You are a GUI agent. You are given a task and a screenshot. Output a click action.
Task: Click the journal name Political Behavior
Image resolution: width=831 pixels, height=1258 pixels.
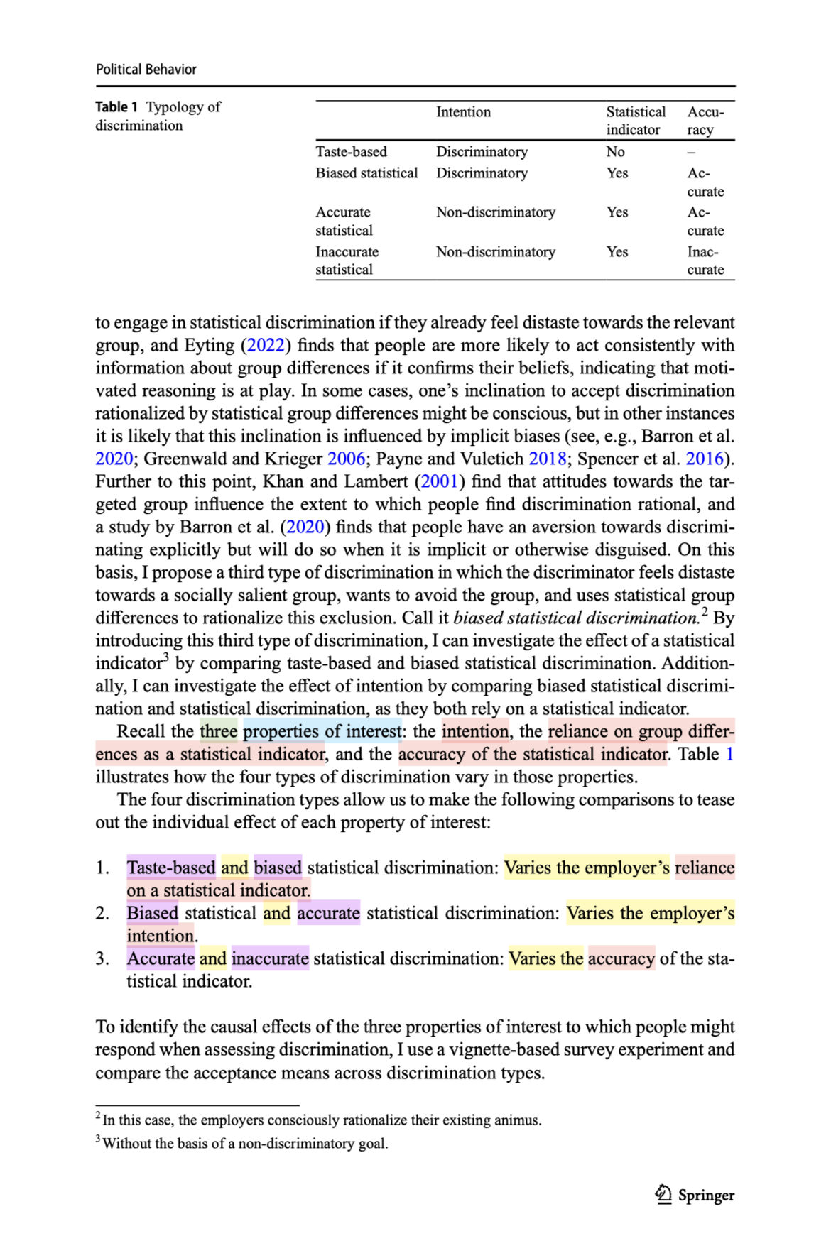coord(146,70)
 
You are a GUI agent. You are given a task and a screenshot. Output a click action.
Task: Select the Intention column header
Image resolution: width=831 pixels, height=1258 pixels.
coord(463,112)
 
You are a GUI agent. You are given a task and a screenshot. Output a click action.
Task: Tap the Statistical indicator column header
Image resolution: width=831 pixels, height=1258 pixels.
coord(635,121)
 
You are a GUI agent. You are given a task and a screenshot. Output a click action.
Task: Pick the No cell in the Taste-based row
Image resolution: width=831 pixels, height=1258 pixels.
coord(615,152)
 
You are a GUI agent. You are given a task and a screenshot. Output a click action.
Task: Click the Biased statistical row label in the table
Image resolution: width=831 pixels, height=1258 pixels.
coord(366,173)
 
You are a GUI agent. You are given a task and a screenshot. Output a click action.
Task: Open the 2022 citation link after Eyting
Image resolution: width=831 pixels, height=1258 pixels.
coord(266,346)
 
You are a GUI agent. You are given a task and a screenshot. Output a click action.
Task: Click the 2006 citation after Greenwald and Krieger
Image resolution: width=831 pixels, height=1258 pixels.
coord(347,459)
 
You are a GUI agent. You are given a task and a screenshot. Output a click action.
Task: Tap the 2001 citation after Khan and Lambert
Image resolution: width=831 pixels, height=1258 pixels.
coord(439,481)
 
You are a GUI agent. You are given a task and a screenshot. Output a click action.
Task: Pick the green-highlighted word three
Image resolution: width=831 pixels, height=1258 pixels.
coord(218,731)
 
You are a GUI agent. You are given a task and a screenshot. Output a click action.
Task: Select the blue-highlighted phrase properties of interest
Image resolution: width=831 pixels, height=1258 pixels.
coord(322,731)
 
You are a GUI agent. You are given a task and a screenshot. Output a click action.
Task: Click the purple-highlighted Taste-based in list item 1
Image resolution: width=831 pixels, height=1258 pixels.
coord(171,868)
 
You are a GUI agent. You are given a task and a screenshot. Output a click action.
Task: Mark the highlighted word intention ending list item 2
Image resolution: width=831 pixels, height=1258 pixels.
coord(160,936)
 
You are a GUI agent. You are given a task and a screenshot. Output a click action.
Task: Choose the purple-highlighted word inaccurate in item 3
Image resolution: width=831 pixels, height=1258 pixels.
coord(270,958)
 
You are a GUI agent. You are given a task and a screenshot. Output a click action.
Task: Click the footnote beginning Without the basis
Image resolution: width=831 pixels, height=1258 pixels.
coord(245,1143)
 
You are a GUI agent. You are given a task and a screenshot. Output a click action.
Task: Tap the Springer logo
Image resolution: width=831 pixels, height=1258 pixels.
coord(695,1195)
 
